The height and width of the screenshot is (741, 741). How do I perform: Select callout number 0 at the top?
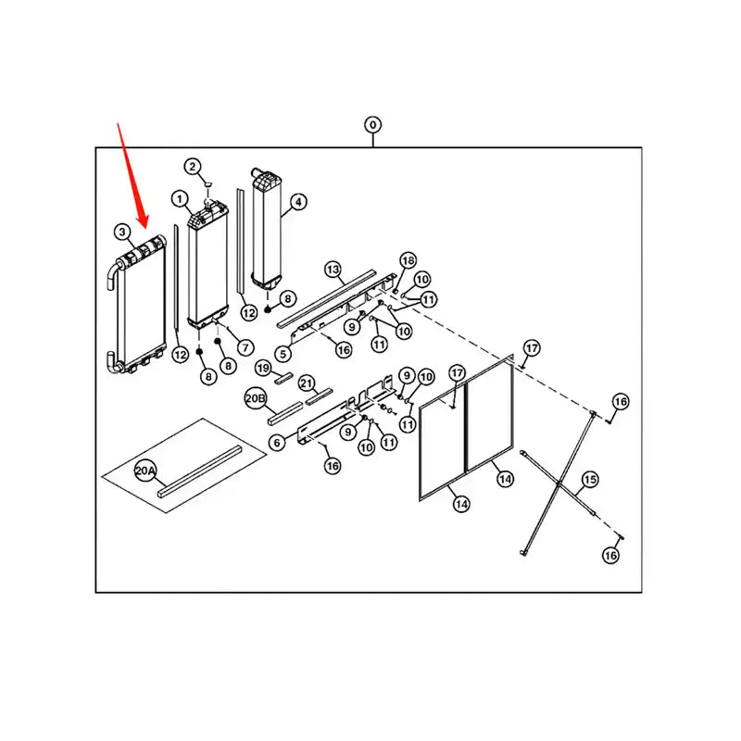coord(372,124)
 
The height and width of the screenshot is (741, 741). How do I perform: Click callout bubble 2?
coord(192,167)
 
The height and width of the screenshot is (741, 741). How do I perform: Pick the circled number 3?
coord(122,231)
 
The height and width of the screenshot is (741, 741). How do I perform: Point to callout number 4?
coord(298,201)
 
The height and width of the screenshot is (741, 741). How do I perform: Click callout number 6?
coord(276,444)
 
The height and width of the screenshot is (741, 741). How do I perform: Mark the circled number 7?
coord(245,347)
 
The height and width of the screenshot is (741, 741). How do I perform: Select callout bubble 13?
coord(333,270)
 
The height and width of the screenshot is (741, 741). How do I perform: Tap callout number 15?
coord(589,480)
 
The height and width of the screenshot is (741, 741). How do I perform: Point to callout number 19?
coord(263,368)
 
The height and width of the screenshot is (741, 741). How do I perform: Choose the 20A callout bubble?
coord(146,471)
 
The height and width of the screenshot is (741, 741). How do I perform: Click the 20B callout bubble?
coord(256,399)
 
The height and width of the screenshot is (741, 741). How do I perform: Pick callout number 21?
coord(307,383)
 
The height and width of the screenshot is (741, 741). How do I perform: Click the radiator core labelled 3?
coord(139,306)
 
